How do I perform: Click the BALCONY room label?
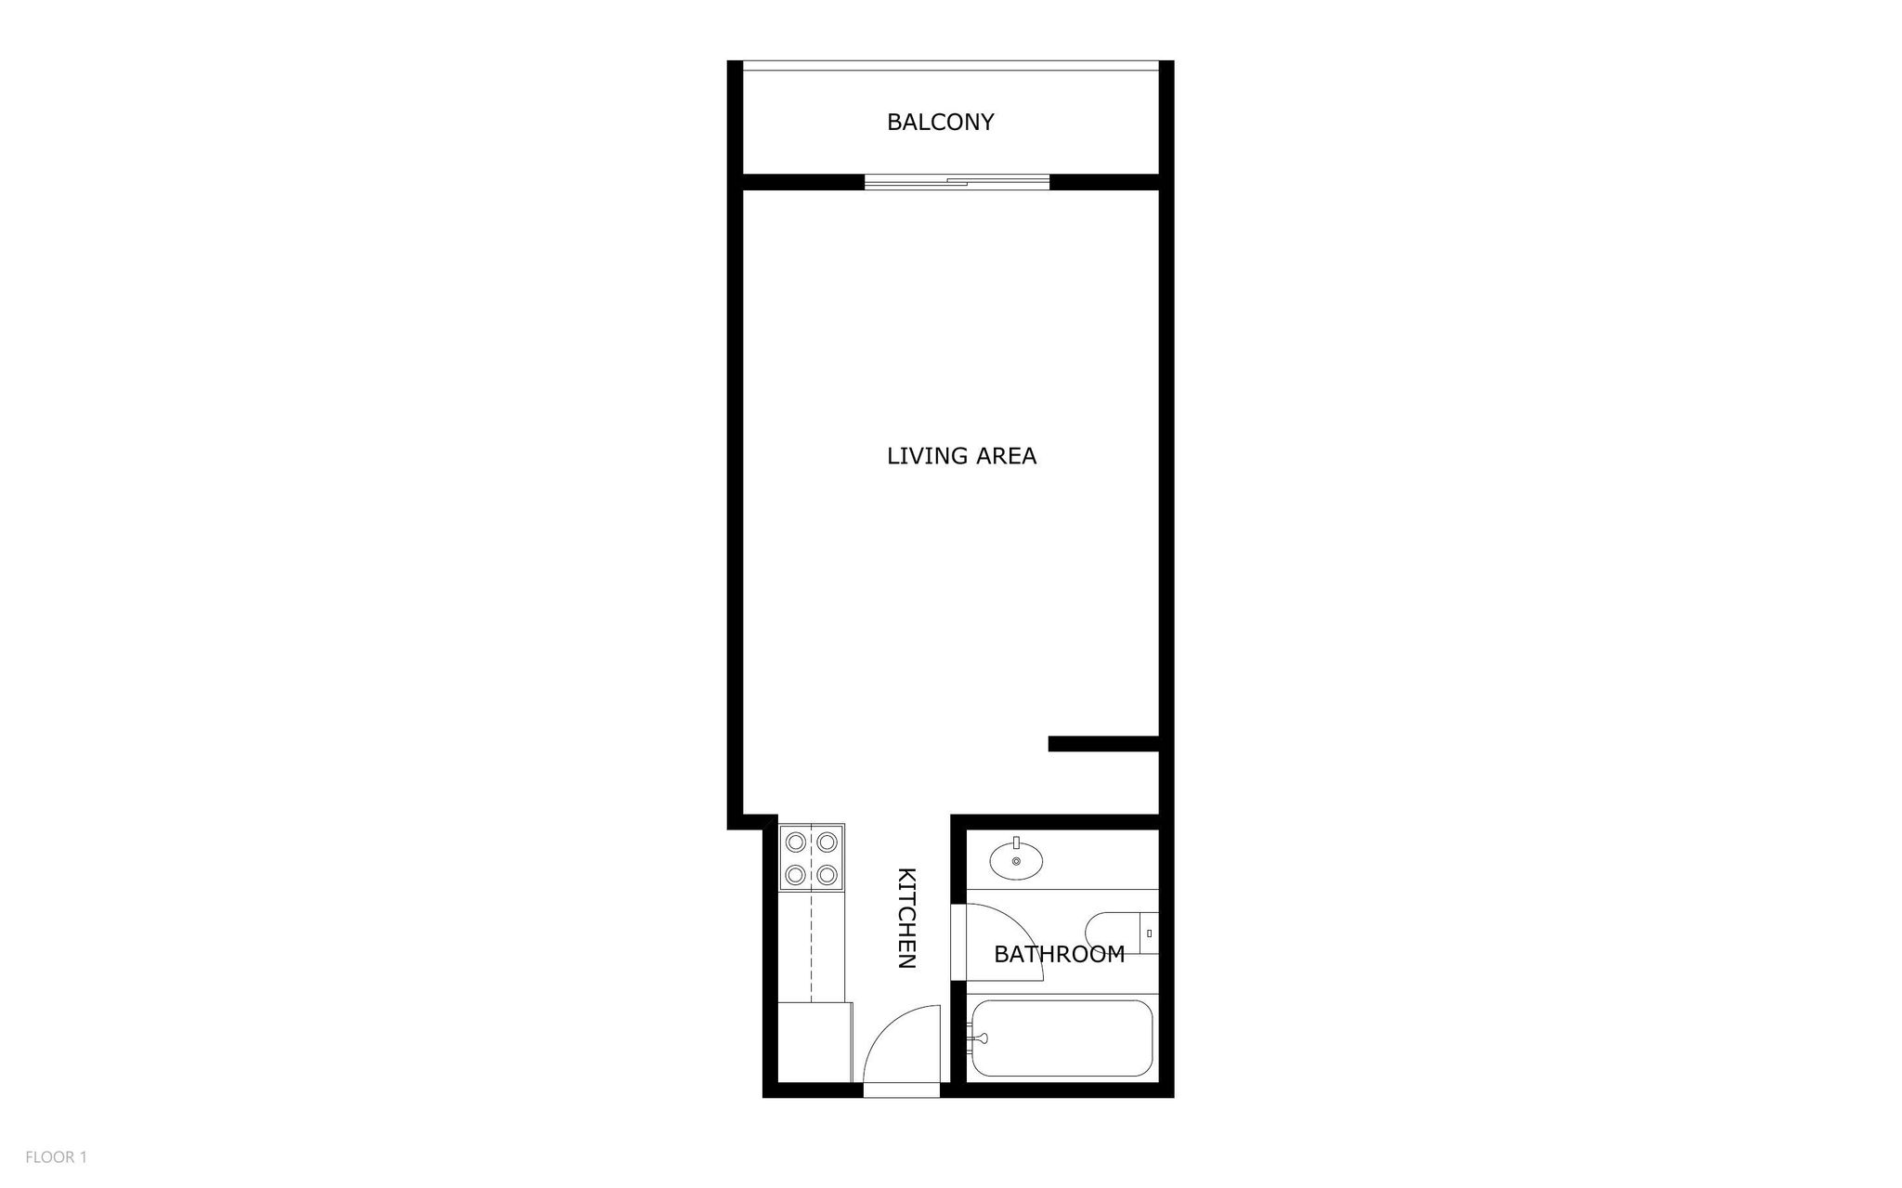pos(940,122)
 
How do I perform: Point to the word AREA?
pos(1005,456)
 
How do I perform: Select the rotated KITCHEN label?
pos(906,918)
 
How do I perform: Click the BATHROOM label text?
pos(1059,954)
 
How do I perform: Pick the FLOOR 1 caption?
pos(56,1157)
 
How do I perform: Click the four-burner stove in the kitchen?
pos(812,858)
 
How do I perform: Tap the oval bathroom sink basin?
pos(1016,859)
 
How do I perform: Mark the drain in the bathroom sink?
pos(1016,862)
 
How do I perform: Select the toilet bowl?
pos(1111,932)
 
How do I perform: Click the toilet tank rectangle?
pos(1149,933)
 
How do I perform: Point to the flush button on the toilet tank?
pos(1150,933)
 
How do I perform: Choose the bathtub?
pos(1060,1038)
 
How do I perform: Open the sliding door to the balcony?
pos(957,182)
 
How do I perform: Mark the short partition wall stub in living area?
pos(1103,743)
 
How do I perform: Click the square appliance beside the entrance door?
pos(814,1042)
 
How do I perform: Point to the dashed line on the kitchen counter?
pos(812,947)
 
